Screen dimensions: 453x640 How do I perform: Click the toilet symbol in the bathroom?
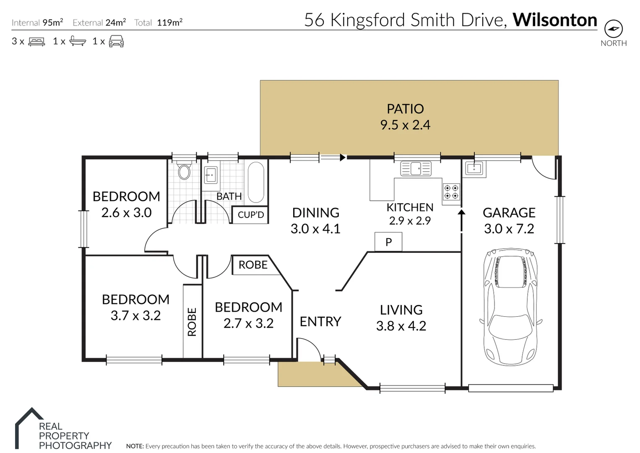(184, 172)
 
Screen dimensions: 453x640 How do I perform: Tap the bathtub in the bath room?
(256, 182)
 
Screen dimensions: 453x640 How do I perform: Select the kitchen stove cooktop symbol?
(452, 192)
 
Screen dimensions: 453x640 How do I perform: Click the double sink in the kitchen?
(416, 169)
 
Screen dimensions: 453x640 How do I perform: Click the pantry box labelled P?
(388, 242)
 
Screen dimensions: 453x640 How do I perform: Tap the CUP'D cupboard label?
(251, 215)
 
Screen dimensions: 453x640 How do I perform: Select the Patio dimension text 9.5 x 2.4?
(405, 125)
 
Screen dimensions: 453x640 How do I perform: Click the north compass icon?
(613, 29)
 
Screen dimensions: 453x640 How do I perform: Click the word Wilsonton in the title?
(554, 20)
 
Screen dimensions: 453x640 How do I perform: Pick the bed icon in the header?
(36, 42)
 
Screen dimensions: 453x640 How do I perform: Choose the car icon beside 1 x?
(116, 41)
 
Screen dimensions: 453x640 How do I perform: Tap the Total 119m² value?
(169, 23)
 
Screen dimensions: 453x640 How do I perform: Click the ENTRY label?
(320, 322)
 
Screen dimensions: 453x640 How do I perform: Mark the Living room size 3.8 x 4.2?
(401, 326)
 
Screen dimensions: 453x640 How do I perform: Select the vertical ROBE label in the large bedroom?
(192, 322)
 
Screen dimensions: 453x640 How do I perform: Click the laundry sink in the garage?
(474, 169)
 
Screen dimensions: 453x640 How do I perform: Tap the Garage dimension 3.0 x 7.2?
(509, 229)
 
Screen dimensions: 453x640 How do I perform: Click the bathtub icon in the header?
(78, 41)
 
